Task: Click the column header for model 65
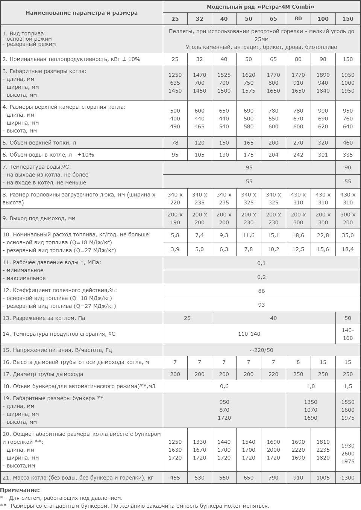273,19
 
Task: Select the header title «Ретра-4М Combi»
261,7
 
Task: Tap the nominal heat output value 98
323,59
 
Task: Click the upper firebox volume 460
348,143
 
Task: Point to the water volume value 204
273,155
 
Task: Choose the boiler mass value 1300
348,478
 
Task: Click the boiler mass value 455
175,478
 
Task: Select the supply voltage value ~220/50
261,350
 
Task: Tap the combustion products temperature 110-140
249,334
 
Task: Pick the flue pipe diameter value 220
273,374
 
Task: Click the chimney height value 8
298,362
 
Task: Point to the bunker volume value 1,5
348,386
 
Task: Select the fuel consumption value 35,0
348,235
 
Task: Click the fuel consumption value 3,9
175,249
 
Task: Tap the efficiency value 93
261,305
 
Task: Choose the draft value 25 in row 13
187,318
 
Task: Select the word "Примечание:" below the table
20,490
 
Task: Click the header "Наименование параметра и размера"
82,13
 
